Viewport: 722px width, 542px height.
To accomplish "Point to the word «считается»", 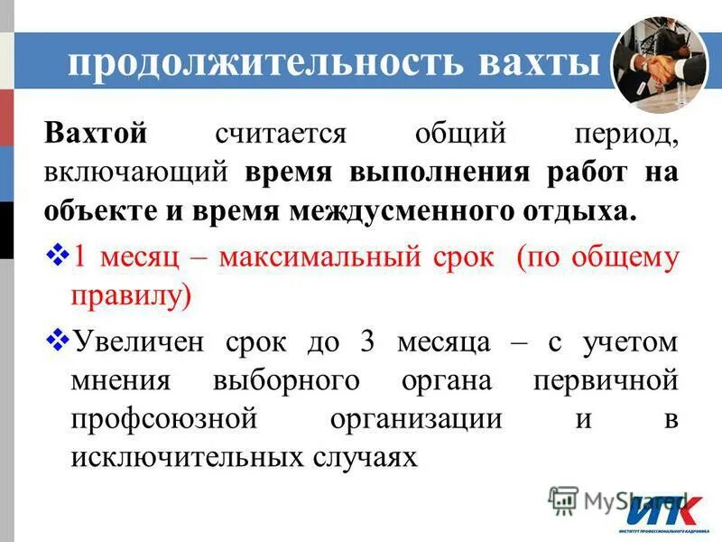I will click(281, 134).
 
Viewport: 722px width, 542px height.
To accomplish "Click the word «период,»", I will click(624, 134).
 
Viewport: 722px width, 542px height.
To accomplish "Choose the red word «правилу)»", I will click(130, 296).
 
